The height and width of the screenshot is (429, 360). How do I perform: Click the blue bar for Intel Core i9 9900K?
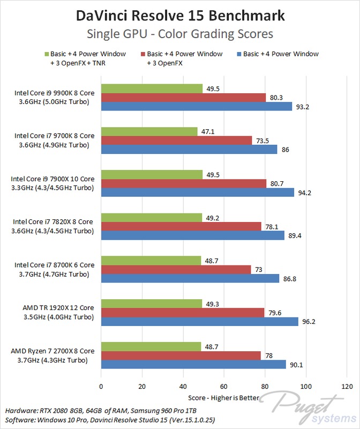196,106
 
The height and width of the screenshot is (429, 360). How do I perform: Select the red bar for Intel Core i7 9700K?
176,140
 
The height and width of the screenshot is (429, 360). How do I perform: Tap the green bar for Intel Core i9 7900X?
152,174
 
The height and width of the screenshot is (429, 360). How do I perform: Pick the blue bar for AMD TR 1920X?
199,321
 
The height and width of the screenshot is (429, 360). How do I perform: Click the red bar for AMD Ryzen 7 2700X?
181,356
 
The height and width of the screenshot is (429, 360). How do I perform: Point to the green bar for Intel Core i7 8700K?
151,260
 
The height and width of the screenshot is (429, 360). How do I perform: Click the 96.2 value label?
309,321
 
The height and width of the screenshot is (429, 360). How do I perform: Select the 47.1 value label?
209,131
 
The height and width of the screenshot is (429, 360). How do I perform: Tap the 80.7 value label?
277,183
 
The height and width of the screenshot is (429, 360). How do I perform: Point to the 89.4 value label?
295,235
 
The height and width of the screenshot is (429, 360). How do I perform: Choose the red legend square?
143,54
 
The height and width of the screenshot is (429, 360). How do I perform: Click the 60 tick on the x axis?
224,386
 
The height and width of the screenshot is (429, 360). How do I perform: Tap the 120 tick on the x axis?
347,386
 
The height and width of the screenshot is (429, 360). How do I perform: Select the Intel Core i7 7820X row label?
53,226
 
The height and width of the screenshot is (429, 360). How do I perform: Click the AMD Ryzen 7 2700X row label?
53,356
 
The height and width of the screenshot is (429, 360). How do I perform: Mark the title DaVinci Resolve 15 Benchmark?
180,16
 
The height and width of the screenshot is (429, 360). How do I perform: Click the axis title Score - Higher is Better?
224,398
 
